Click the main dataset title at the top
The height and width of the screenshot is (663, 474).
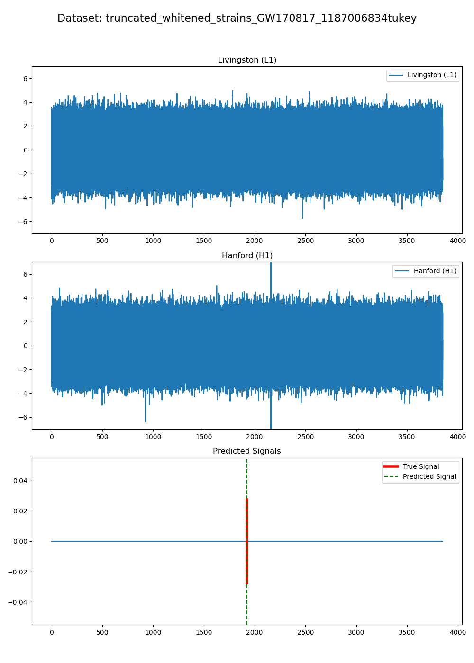pyautogui.click(x=237, y=18)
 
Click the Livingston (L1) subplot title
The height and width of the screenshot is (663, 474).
pyautogui.click(x=247, y=60)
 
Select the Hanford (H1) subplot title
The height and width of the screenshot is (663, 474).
pyautogui.click(x=247, y=256)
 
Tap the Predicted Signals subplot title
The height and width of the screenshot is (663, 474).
pyautogui.click(x=246, y=451)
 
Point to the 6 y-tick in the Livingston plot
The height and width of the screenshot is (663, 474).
pyautogui.click(x=25, y=79)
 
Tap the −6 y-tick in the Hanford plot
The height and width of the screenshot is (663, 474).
pyautogui.click(x=23, y=418)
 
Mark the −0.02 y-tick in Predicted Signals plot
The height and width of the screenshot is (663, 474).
pyautogui.click(x=18, y=572)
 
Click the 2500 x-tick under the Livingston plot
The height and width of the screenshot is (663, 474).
pyautogui.click(x=305, y=241)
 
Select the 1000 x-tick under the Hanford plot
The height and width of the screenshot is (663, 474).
pyautogui.click(x=153, y=437)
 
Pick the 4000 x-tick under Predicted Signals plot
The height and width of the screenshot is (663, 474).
pyautogui.click(x=457, y=633)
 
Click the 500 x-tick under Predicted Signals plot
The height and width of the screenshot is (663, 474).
pyautogui.click(x=102, y=633)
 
